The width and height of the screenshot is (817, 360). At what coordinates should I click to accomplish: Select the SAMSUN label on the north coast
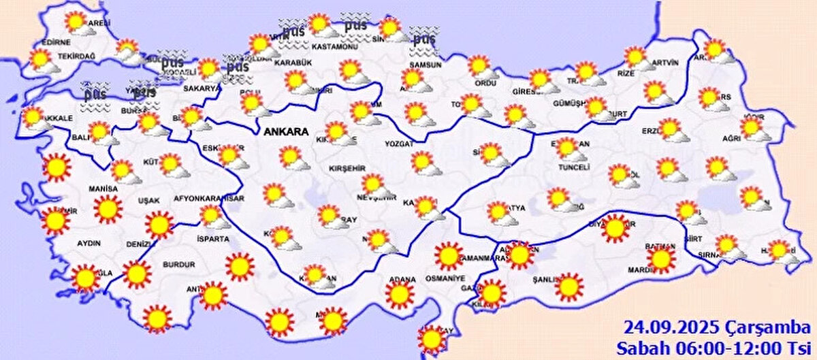tap(426, 65)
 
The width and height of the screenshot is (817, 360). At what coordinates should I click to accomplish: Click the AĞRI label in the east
tap(731, 138)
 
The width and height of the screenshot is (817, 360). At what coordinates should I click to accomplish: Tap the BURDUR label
tap(178, 264)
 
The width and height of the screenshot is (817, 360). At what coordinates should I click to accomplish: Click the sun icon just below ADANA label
tap(399, 295)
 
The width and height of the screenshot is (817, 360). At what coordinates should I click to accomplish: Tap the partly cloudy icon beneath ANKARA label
tap(292, 158)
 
